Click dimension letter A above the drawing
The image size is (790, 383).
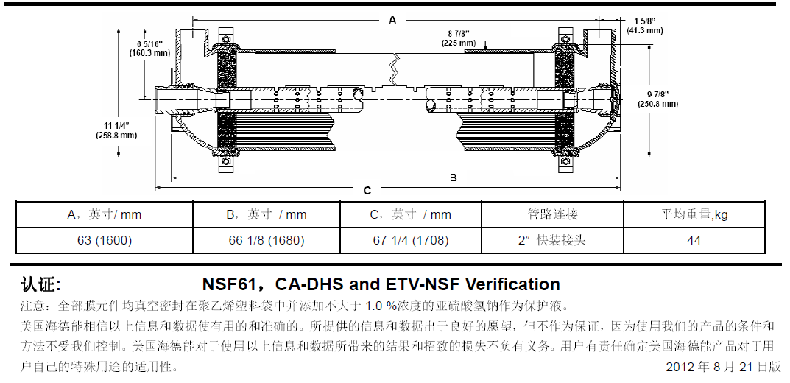(392, 21)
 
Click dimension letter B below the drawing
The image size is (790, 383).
(454, 177)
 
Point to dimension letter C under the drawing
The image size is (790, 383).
(367, 191)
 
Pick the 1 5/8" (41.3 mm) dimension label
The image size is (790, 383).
(645, 25)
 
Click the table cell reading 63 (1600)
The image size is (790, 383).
(104, 240)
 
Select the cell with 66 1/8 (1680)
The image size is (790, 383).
(267, 240)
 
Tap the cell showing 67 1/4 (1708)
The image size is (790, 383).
(411, 240)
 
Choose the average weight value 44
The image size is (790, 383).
(694, 240)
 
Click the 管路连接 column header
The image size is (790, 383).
(552, 214)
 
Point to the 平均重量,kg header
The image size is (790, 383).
(694, 214)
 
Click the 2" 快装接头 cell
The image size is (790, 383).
(552, 240)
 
